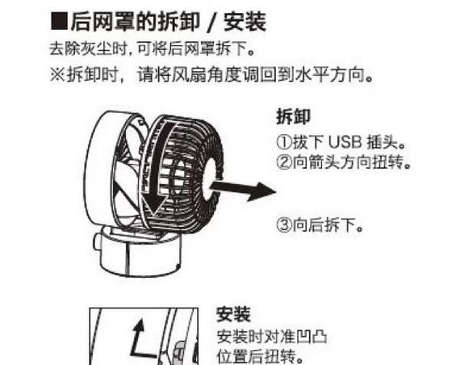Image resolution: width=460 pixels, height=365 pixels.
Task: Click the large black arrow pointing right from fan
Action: [x=245, y=191]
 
